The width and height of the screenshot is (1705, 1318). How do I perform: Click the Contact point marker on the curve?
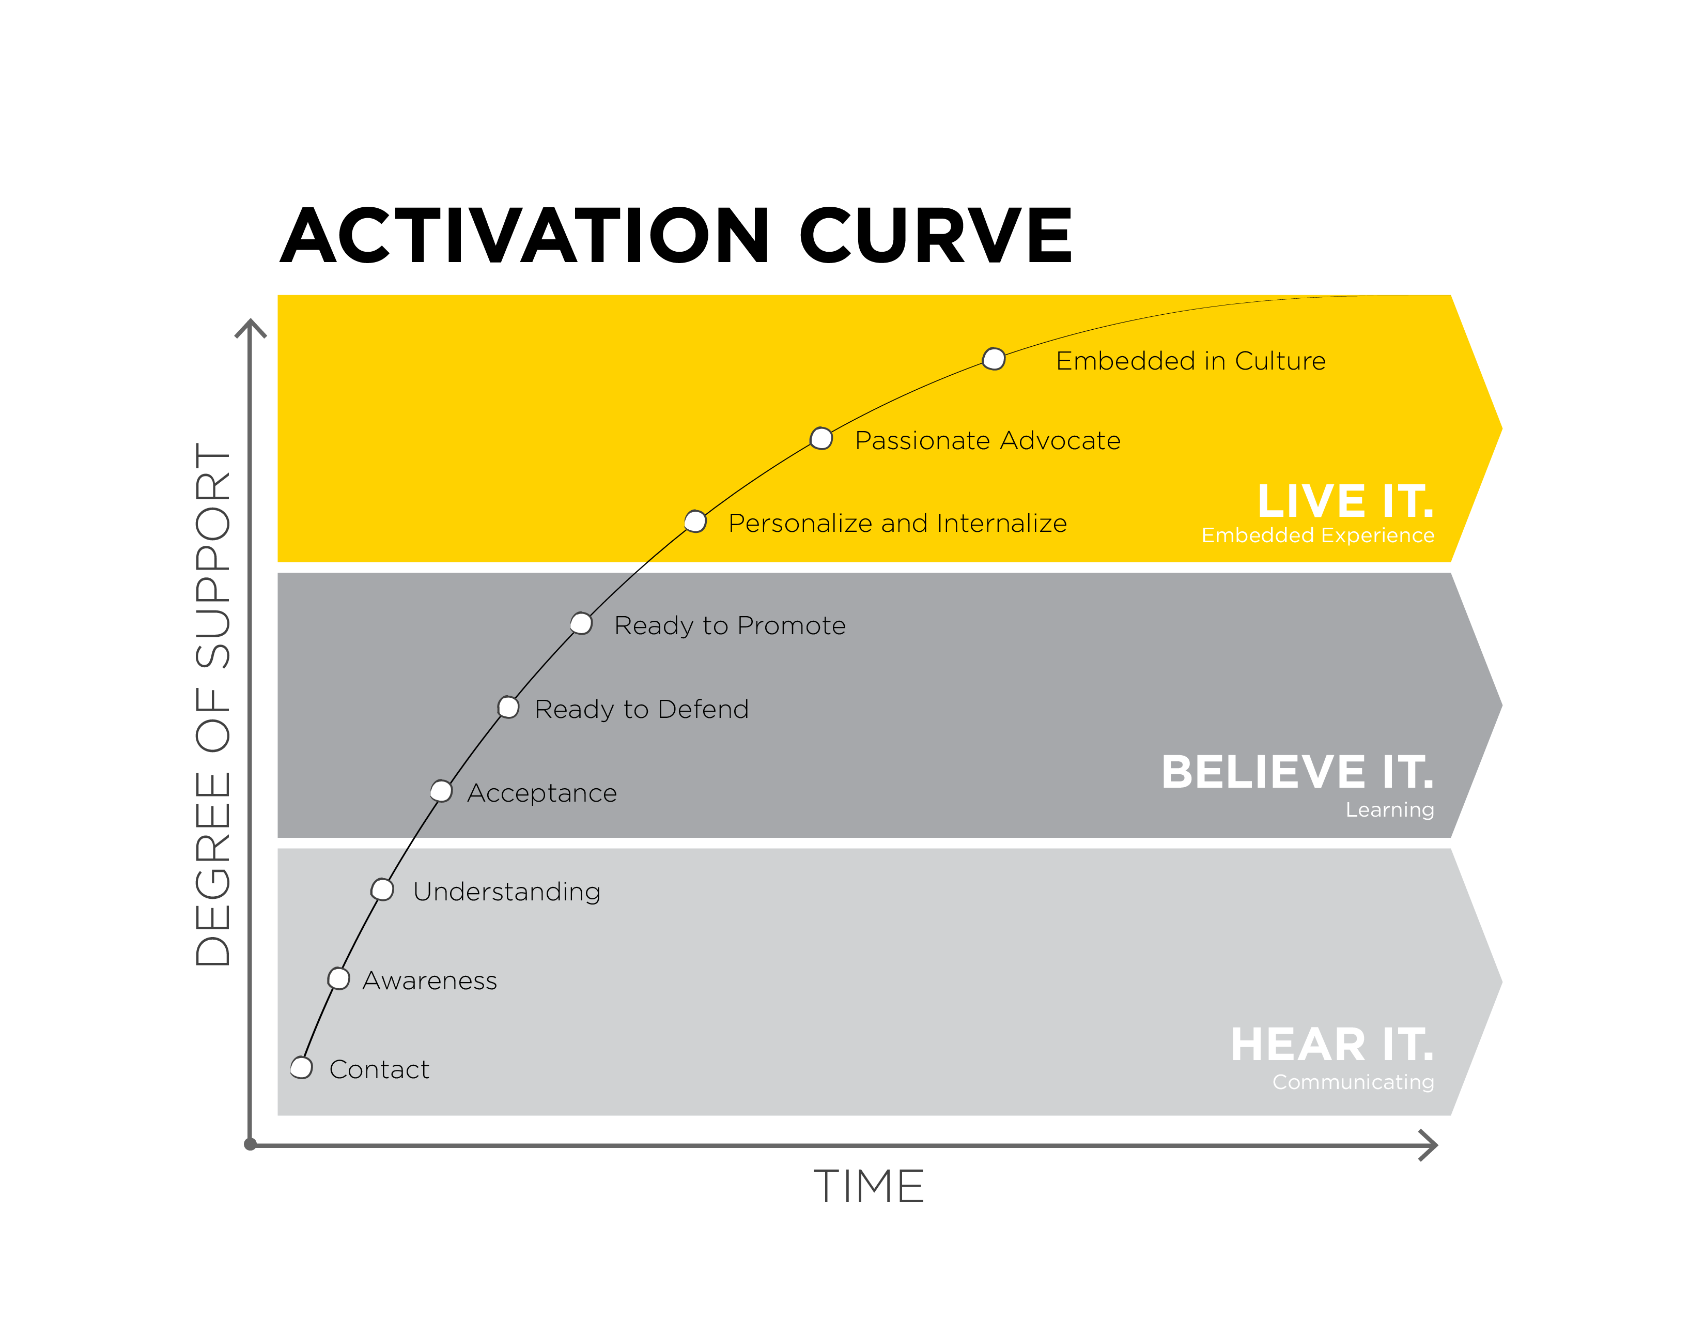(x=301, y=1067)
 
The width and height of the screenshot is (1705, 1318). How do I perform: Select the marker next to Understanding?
(x=382, y=890)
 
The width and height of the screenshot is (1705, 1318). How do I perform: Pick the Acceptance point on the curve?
(x=441, y=791)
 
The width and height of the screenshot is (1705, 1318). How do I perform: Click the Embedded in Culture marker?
(x=994, y=359)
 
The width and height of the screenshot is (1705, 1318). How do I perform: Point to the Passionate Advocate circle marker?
(x=822, y=439)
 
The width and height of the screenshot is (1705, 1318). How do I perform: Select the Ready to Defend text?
(x=642, y=709)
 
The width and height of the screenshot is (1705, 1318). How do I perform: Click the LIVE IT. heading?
(x=1345, y=501)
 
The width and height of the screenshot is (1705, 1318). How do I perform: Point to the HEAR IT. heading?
(x=1332, y=1045)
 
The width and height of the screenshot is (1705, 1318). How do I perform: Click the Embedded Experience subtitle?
(x=1318, y=535)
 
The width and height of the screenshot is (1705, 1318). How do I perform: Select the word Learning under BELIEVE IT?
(x=1390, y=810)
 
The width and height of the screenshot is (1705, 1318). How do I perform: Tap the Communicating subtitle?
(x=1353, y=1082)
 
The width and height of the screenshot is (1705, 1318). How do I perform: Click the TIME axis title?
(x=869, y=1187)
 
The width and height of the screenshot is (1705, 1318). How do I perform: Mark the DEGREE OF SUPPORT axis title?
(x=213, y=704)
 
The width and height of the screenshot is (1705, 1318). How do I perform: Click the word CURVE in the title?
(x=935, y=235)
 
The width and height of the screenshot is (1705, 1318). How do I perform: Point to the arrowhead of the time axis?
(x=1430, y=1145)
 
